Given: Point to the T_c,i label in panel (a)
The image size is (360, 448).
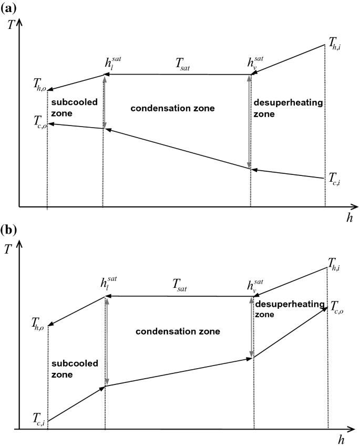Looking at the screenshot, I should click(x=334, y=182).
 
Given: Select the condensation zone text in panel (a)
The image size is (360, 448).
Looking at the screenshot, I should click(x=173, y=108).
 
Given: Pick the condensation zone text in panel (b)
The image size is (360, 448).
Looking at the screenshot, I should click(x=177, y=332).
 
